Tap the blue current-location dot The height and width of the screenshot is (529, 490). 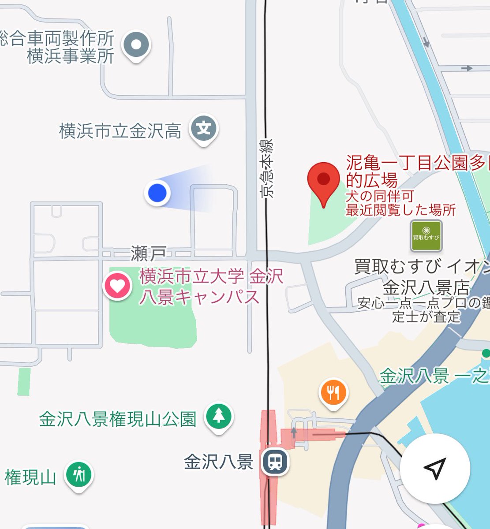157,193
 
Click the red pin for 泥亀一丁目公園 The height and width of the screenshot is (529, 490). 324,180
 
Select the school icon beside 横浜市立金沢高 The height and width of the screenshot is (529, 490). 204,129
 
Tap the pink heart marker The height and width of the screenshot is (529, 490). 118,286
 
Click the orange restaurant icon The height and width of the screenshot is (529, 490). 333,392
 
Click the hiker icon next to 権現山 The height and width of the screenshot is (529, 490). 79,475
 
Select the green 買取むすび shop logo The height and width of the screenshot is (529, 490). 426,236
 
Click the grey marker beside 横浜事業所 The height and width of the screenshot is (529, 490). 136,45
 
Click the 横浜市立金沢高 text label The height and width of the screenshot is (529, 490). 120,131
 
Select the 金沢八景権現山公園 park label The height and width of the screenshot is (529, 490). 117,419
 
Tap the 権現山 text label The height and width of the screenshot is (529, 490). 30,477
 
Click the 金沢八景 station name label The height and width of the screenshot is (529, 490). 218,462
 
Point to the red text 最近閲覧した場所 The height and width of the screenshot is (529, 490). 400,210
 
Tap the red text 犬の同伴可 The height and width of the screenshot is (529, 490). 380,197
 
